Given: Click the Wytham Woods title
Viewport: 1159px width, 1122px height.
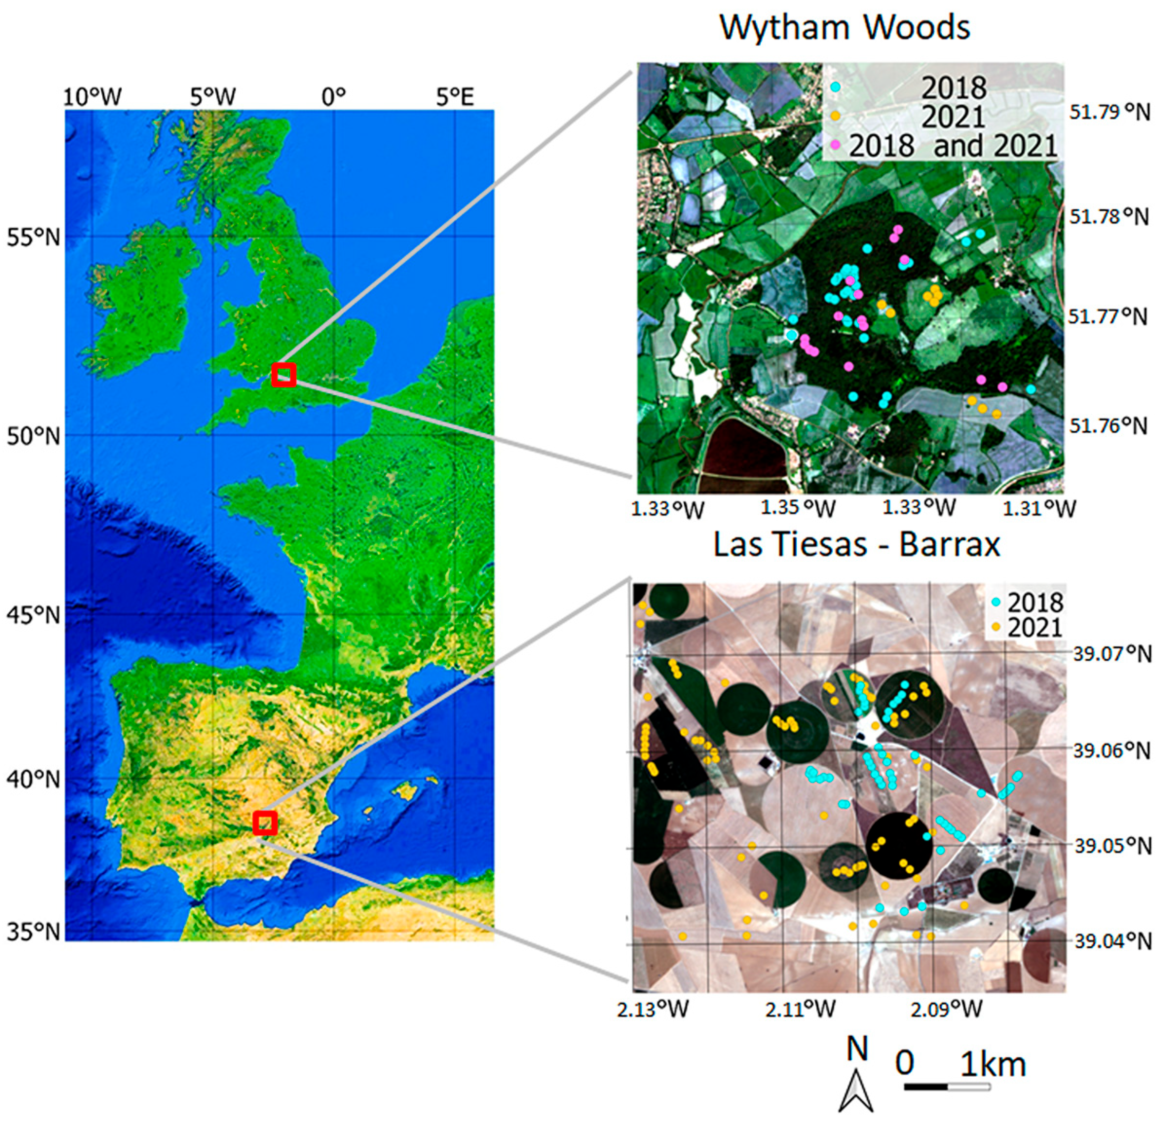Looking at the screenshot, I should [844, 27].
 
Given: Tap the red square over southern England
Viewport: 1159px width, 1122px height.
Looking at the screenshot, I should [284, 375].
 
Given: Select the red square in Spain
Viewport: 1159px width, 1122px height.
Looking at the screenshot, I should [265, 823].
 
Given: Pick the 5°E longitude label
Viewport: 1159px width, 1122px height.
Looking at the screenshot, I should [455, 97].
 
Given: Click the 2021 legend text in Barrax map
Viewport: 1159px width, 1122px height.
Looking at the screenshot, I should [1035, 628].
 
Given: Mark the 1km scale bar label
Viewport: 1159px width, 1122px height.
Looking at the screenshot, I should [993, 1064].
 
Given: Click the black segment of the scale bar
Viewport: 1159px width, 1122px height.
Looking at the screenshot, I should [926, 1086].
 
